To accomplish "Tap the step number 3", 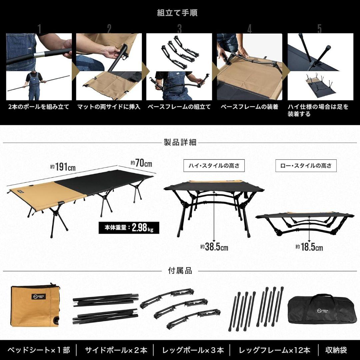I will pos(179,29).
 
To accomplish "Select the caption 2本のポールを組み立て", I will pos(39,107).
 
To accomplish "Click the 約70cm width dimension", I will pos(141,164).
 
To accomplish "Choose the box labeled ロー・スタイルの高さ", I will pos(306,165).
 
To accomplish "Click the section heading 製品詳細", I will pos(180,143).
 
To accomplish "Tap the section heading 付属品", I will pos(180,271).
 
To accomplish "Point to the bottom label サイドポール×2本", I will pos(116,350).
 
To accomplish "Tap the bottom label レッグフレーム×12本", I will pos(274,350).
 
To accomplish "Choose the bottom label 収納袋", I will pos(336,350).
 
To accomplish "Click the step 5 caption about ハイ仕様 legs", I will pos(318,110).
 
